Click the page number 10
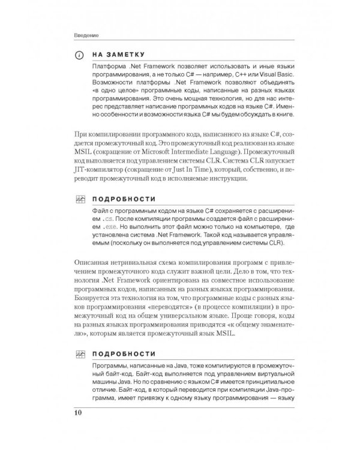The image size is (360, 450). pos(79,413)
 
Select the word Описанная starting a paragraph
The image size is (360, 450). pos(90,263)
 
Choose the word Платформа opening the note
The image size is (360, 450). pos(110,63)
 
